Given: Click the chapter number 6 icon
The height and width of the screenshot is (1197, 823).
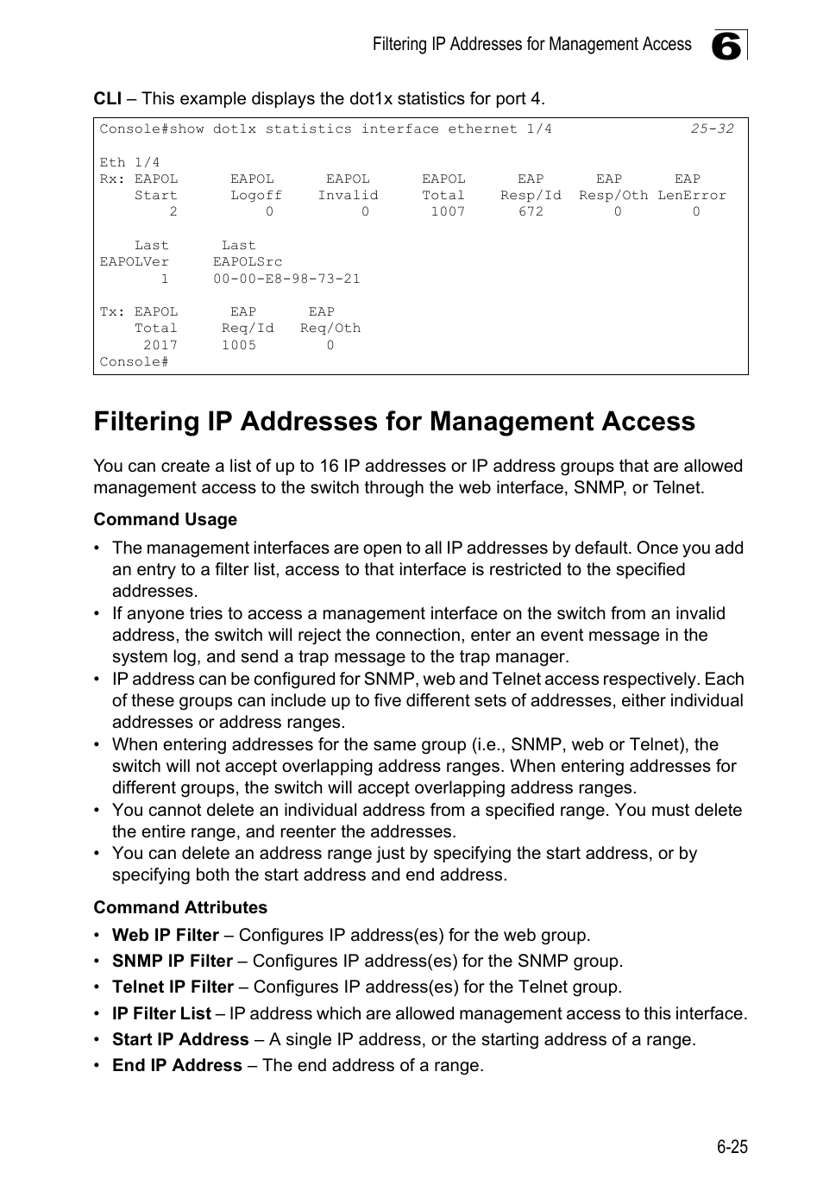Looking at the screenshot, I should tap(728, 46).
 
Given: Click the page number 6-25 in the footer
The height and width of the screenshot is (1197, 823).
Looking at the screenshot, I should tap(731, 1146).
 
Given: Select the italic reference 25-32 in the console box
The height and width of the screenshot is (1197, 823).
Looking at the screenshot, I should tap(712, 128).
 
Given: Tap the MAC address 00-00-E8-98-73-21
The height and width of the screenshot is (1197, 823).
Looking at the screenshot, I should tap(286, 279).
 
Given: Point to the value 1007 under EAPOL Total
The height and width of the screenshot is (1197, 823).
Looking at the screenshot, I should tap(448, 211).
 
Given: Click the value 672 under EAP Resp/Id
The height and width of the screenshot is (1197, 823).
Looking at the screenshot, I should tap(531, 211).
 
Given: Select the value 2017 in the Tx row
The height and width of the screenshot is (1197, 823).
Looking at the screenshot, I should tap(160, 345).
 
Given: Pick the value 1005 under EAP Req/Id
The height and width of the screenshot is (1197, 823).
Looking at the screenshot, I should tap(239, 345).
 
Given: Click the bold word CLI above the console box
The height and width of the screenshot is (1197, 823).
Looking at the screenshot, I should tap(107, 98).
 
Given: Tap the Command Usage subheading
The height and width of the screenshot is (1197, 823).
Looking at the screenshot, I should tap(165, 519).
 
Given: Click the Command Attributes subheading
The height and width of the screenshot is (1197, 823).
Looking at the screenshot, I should tap(180, 907).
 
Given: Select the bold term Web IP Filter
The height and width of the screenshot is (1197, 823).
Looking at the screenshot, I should tap(165, 935).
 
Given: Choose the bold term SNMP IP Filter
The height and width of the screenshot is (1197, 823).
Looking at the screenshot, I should tap(172, 961).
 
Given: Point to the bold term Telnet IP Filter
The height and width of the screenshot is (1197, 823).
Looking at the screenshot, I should tap(173, 987).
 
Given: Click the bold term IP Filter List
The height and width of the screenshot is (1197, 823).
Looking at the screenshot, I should tap(161, 1013).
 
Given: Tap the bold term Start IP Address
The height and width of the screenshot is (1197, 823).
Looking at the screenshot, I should tap(180, 1039).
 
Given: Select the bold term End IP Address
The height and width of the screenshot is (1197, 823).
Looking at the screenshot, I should tap(177, 1065).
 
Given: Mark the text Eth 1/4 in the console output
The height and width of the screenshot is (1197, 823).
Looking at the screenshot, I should tap(129, 162).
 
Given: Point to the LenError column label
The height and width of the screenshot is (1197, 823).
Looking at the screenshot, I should tap(692, 195).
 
